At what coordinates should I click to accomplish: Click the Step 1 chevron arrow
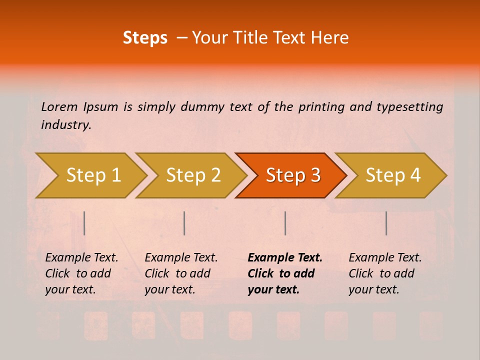(x=93, y=175)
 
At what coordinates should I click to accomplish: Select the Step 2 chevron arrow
(x=193, y=175)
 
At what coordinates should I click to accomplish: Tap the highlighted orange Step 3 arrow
(x=293, y=175)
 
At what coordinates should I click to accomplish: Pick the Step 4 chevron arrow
(x=393, y=175)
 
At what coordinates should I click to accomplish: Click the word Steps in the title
(x=145, y=38)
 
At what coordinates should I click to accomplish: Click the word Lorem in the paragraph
(x=59, y=106)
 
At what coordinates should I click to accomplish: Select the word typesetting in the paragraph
(x=409, y=106)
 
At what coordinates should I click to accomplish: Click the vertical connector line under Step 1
(x=84, y=223)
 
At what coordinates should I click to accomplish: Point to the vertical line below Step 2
(x=184, y=223)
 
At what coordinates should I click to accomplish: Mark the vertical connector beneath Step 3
(x=285, y=223)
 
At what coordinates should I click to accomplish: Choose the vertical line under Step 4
(x=386, y=223)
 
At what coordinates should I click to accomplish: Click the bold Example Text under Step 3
(x=285, y=258)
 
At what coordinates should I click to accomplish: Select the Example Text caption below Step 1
(x=81, y=258)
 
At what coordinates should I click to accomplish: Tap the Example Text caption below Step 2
(x=181, y=258)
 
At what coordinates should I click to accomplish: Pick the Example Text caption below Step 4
(x=385, y=258)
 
